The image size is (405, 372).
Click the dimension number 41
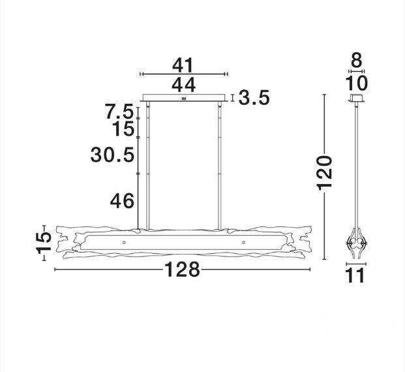pyautogui.click(x=183, y=65)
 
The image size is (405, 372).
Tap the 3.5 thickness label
pyautogui.click(x=254, y=97)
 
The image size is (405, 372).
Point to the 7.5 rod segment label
pyautogui.click(x=119, y=111)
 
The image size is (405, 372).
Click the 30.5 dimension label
pyautogui.click(x=112, y=155)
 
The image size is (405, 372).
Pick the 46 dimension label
pyautogui.click(x=122, y=200)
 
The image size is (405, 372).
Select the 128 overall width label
pyautogui.click(x=182, y=270)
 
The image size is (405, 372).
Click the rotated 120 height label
pyautogui.click(x=325, y=173)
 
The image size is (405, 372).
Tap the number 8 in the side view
pyautogui.click(x=357, y=60)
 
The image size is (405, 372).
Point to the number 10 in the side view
pyautogui.click(x=356, y=84)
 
